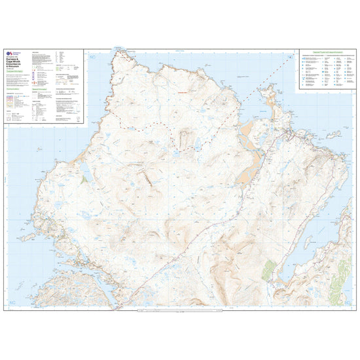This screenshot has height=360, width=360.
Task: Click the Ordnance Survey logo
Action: [9, 55]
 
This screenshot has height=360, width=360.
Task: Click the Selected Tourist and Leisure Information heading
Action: [325, 52]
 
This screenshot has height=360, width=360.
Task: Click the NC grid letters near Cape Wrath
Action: [92, 58]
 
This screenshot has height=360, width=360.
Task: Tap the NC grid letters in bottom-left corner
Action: [13, 302]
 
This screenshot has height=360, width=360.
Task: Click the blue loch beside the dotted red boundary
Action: [177, 153]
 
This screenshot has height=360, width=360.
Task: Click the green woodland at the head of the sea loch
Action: [268, 269]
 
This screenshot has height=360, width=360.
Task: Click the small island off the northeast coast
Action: [336, 135]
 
